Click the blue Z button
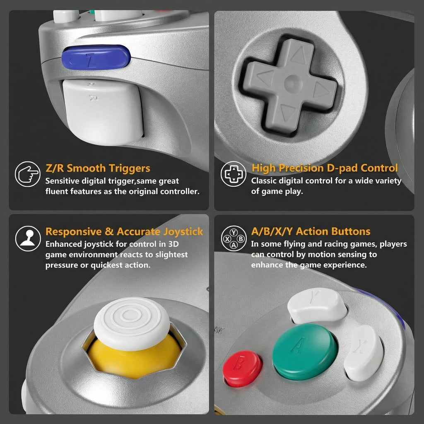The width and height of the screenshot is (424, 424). point(96,57)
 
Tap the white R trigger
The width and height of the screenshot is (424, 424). point(102,111)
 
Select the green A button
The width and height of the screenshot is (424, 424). point(305,352)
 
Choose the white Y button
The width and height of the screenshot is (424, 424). point(317,305)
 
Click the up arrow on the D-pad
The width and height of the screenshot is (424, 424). point(299,55)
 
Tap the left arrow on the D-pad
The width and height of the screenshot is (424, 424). point(265,78)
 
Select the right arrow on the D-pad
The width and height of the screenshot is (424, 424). point(321,89)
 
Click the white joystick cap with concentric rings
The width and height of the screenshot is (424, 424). point(132,323)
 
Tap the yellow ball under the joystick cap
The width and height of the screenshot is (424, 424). point(135,357)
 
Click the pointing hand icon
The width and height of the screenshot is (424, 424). point(28,174)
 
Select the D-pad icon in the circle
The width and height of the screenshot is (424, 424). point(234,174)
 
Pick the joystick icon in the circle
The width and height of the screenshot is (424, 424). point(28,238)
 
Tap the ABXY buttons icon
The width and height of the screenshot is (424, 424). point(234,238)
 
